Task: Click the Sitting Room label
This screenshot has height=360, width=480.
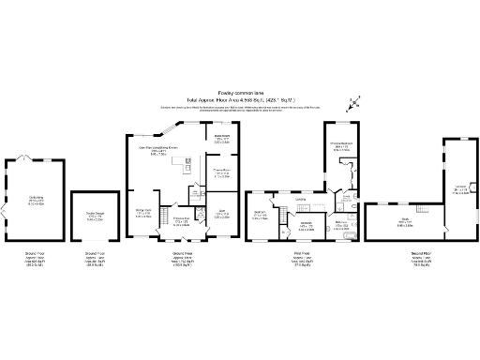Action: click(143, 213)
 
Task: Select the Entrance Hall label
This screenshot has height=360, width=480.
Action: click(182, 221)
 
